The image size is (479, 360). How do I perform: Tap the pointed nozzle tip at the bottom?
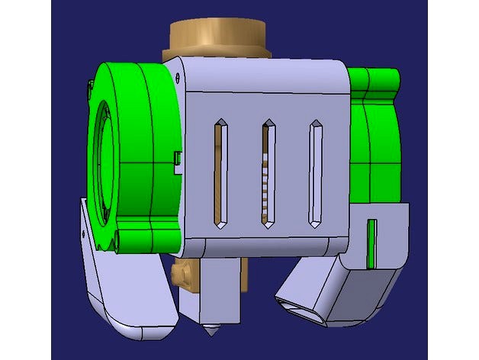(x=208, y=333)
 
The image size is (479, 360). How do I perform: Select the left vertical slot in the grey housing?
(x=220, y=174)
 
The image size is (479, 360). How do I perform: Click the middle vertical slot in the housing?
(x=268, y=174)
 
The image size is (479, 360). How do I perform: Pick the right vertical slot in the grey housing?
(x=314, y=172)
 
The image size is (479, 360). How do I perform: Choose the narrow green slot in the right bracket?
(x=371, y=243)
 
